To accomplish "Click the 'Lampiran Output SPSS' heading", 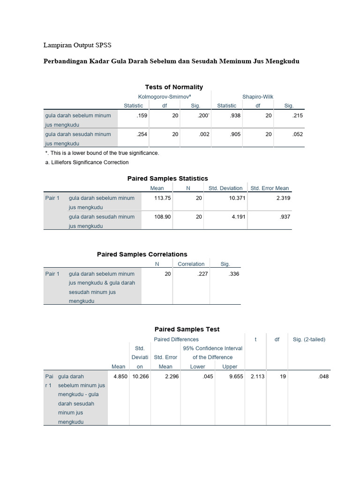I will click(x=78, y=45).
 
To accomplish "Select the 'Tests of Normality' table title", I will click(x=174, y=87).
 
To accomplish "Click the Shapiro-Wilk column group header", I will click(x=258, y=97).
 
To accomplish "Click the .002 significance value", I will click(x=204, y=134).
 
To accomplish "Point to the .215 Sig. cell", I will click(x=297, y=115).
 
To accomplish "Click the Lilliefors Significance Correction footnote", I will click(x=87, y=162).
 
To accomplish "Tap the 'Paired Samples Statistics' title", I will click(x=167, y=178).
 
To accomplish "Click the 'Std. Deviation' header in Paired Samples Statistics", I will click(x=225, y=188).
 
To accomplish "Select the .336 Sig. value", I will click(x=233, y=274).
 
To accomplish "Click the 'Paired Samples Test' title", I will click(x=187, y=329).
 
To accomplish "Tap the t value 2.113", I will click(x=258, y=376).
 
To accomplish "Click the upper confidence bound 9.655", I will click(x=236, y=376).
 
